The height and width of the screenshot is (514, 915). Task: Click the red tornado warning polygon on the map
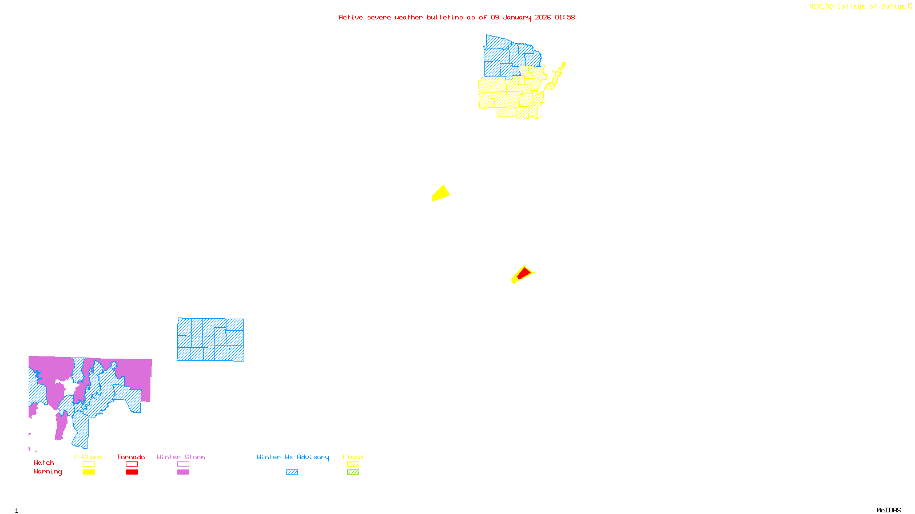click(x=523, y=274)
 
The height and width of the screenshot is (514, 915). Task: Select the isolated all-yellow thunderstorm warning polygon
click(x=440, y=194)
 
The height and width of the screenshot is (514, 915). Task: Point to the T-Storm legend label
click(x=88, y=457)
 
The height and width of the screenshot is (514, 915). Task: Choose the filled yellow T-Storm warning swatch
click(x=89, y=472)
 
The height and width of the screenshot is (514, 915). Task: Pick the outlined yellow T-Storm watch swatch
click(x=89, y=464)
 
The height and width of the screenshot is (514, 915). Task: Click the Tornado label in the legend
click(x=131, y=457)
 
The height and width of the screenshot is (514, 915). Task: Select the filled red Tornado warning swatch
click(x=132, y=472)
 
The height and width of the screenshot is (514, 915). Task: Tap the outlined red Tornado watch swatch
click(x=132, y=464)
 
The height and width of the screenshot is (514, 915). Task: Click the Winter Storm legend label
click(x=181, y=457)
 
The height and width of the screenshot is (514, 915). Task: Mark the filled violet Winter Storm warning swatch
click(x=183, y=472)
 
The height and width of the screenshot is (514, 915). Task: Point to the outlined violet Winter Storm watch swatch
click(x=183, y=464)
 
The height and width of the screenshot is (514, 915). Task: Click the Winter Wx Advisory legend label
click(x=293, y=457)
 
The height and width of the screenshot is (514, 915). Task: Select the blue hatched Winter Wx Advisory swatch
click(x=292, y=472)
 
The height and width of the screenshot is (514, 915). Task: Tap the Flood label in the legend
click(x=353, y=457)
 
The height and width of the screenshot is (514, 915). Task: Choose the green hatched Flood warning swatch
click(x=353, y=472)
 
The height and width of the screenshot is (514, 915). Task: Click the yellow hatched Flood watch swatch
click(x=353, y=464)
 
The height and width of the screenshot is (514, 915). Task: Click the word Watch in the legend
click(x=44, y=463)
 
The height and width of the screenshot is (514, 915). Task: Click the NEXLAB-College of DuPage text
click(x=857, y=7)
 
